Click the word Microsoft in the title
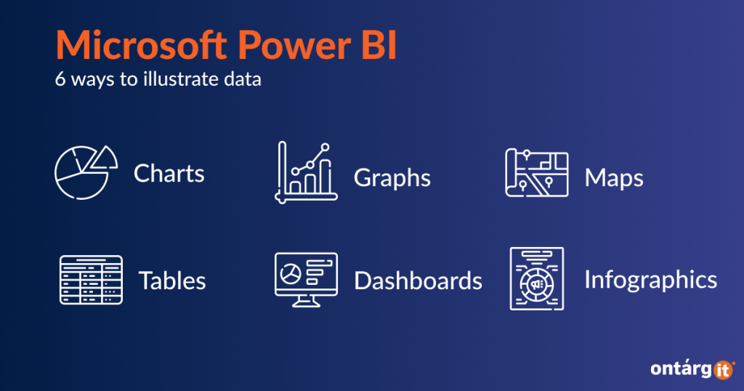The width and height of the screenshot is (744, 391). coord(142,45)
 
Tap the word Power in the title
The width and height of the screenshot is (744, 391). coord(294,45)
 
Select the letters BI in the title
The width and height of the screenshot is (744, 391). coord(379,45)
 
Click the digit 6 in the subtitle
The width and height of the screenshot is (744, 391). coord(60,78)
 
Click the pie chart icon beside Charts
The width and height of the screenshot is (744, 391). coord(86,172)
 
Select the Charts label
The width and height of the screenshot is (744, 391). coord(169,173)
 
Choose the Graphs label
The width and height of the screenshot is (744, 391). coord(392,178)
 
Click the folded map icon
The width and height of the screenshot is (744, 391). coord(537,173)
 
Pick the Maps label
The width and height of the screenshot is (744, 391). coord(614,178)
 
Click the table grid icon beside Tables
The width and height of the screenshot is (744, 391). coord(91,280)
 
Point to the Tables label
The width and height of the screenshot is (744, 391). coord(172,281)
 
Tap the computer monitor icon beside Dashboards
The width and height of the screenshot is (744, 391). coord(306,280)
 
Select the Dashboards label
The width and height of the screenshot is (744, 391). coord(418,281)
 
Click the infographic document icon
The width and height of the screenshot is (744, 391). coord(537,278)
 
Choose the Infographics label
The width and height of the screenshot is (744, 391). coord(650,280)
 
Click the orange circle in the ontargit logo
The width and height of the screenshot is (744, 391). coord(723,370)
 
